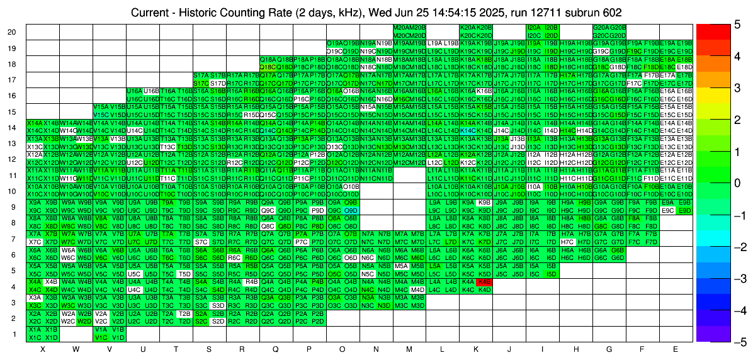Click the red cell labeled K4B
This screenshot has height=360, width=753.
click(484, 282)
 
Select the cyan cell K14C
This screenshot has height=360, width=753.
click(467, 130)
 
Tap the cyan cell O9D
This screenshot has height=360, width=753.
click(351, 210)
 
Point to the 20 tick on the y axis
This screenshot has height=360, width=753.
click(12, 32)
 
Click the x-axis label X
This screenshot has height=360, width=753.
click(42, 349)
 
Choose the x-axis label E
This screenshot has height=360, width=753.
click(676, 349)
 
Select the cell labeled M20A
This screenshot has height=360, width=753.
click(401, 28)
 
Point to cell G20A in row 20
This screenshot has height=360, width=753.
click(601, 28)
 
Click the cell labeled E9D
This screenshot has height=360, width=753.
click(684, 210)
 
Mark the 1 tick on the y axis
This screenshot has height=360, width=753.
click(14, 334)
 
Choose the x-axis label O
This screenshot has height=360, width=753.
click(342, 349)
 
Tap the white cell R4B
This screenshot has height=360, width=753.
click(251, 282)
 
